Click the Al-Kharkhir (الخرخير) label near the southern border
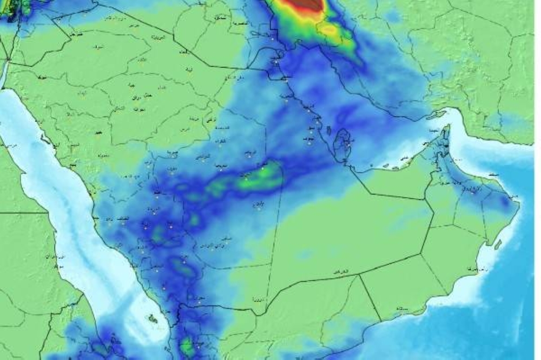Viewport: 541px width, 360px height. pyautogui.click(x=339, y=270)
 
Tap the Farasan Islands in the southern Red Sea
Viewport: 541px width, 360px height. pyautogui.click(x=153, y=319)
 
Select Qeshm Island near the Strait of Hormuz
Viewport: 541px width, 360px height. pyautogui.click(x=438, y=115)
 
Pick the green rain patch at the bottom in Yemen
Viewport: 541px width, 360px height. pyautogui.click(x=187, y=346)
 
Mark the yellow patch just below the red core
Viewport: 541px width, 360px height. pyautogui.click(x=330, y=30)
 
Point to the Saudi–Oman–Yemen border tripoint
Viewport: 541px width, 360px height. pyautogui.click(x=360, y=275)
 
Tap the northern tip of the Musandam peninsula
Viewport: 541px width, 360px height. pyautogui.click(x=447, y=127)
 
